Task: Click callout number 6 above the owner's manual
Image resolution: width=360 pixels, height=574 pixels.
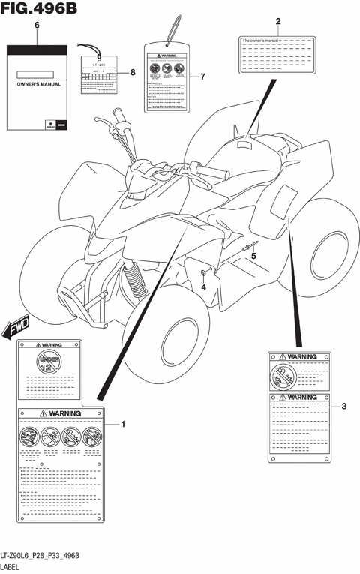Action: (37, 26)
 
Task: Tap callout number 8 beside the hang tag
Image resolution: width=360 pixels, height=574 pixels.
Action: (132, 72)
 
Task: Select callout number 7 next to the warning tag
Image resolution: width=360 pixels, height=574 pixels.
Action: (202, 77)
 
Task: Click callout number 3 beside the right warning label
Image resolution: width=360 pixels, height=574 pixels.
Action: (343, 407)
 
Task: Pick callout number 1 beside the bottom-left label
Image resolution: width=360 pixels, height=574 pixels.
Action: (123, 425)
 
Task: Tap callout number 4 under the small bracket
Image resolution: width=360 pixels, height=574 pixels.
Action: (203, 287)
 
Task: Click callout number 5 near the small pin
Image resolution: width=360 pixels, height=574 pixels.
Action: (253, 257)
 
